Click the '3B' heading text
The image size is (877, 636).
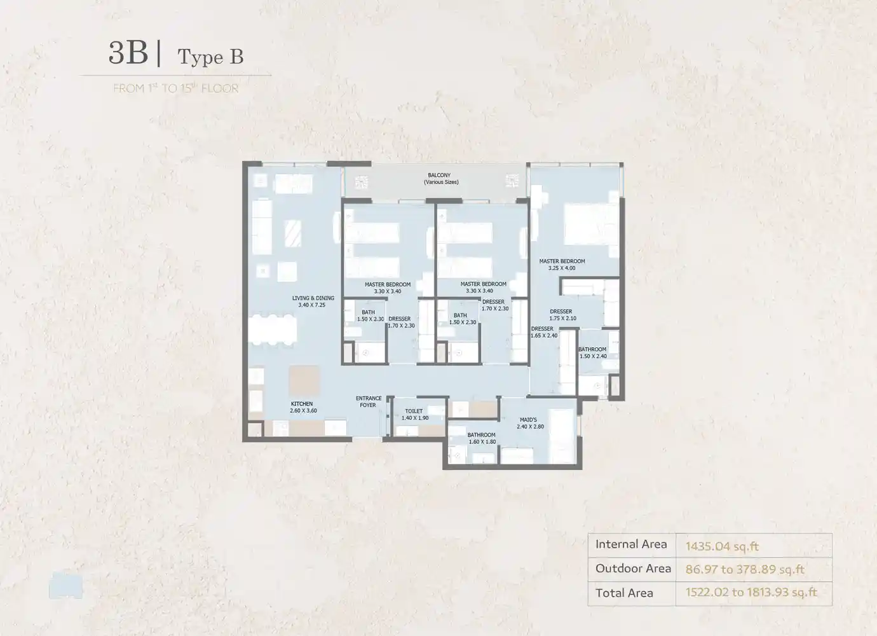point(128,53)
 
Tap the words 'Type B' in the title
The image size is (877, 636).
point(210,57)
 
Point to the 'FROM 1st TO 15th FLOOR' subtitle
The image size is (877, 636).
point(175,88)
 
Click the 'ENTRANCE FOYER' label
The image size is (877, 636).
point(369,402)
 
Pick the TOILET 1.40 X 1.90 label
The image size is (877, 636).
point(414,415)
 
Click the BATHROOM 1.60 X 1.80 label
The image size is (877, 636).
point(482,438)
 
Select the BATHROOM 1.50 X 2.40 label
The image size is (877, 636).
point(592,352)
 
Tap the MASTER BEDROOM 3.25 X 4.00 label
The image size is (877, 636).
point(562,265)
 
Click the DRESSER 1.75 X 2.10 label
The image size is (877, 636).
point(562,315)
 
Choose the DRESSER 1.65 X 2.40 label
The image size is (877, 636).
point(543,332)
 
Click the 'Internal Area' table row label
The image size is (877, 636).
point(631,544)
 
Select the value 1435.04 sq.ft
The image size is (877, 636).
point(722,546)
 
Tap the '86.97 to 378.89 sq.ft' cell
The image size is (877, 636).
point(745,569)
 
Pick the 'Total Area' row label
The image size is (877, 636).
point(623,593)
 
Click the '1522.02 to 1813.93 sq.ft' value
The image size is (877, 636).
point(751,593)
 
